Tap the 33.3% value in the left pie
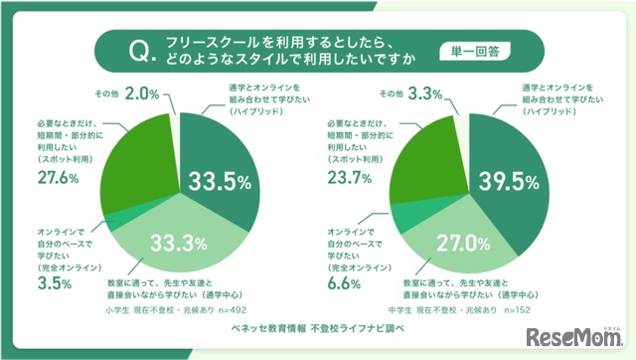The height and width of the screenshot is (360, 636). [179, 242]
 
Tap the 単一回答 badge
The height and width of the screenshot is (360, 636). [467, 50]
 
